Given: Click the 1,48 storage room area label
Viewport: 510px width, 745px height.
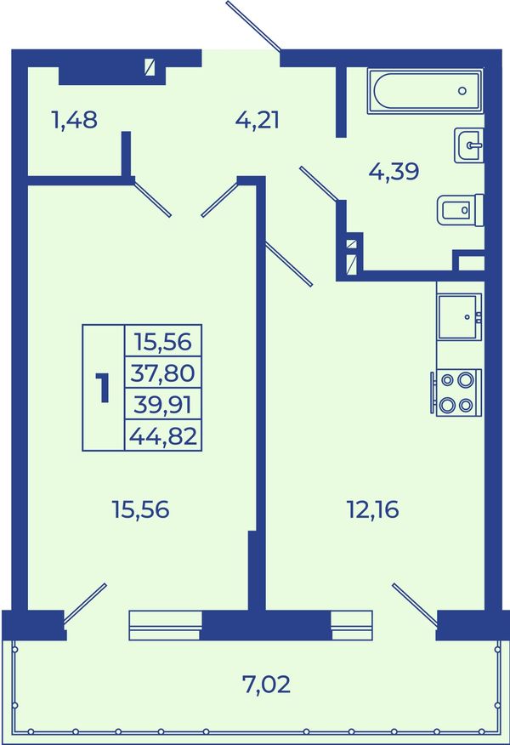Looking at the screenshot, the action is [75, 120].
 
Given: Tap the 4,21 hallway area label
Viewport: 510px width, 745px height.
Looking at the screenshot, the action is [258, 120].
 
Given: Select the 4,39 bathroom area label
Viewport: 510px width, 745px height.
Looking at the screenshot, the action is [394, 171].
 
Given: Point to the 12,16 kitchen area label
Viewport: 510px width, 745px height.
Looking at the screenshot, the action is [373, 509].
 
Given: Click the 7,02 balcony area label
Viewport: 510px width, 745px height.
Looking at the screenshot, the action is [266, 685].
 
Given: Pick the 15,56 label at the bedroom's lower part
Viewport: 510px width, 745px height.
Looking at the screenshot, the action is [140, 509].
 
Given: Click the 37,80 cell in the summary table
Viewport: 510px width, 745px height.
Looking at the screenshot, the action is [163, 373].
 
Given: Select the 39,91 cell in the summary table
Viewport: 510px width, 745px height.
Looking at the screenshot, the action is [163, 405].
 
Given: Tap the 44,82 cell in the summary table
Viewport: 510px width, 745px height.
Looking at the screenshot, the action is [163, 435].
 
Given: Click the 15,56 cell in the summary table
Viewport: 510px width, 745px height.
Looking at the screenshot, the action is [163, 342].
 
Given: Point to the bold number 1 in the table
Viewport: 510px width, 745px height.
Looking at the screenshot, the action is [103, 388].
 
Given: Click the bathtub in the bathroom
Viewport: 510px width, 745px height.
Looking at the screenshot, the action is [426, 91].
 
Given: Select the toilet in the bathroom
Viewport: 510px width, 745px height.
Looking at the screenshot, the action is [460, 209].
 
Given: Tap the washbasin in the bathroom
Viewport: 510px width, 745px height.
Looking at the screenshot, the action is [468, 145].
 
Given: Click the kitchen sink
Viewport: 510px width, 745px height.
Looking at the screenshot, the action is [459, 316].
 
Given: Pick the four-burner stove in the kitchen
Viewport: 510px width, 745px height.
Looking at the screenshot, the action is [456, 392].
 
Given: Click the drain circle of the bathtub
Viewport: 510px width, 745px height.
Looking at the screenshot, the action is [462, 91].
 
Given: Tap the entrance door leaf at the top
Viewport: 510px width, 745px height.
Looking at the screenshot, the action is [253, 26].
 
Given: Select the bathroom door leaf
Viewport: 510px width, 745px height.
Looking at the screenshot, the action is [319, 184].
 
